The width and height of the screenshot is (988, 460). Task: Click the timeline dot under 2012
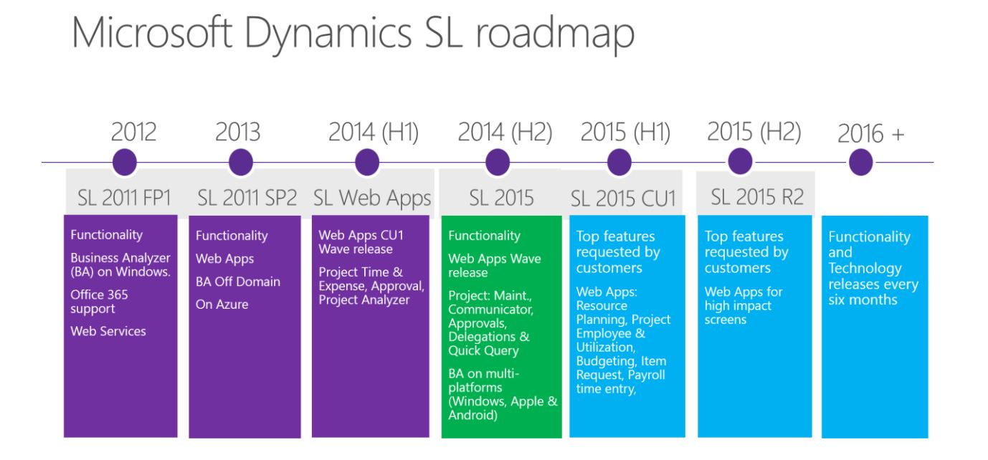pos(125,162)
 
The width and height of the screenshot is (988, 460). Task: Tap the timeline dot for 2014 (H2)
pos(498,163)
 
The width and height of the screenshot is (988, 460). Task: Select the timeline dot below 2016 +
pos(860,163)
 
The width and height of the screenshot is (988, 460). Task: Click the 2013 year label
pos(237,133)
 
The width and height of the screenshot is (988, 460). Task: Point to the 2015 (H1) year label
pos(625,133)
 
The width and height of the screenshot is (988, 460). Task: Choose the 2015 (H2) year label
pos(754,132)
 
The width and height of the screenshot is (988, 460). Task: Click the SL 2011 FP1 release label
pos(125,198)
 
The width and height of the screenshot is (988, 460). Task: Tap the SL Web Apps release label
pos(372,198)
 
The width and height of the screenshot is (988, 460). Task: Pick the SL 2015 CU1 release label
pos(624,198)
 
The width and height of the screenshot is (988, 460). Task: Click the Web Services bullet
pos(108,331)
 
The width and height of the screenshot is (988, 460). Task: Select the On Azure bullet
pos(222,305)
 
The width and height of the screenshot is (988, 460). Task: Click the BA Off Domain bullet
pos(238,282)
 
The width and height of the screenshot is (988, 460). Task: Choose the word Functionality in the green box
pos(485,236)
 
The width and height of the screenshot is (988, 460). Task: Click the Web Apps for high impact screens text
pos(744,305)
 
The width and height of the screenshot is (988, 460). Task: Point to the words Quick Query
pos(483,351)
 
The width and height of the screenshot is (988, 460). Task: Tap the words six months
pos(863,300)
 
